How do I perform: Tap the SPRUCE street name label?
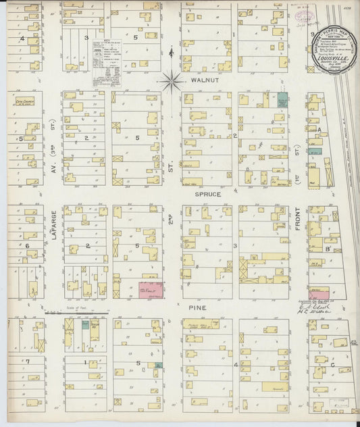(208, 195)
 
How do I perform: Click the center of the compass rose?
(172, 82)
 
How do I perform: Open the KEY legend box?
(107, 62)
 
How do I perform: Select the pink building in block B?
(315, 294)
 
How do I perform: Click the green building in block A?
(313, 152)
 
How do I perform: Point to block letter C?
(333, 365)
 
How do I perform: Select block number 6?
(28, 247)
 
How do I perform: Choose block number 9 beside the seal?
(312, 33)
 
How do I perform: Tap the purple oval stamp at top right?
(302, 14)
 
